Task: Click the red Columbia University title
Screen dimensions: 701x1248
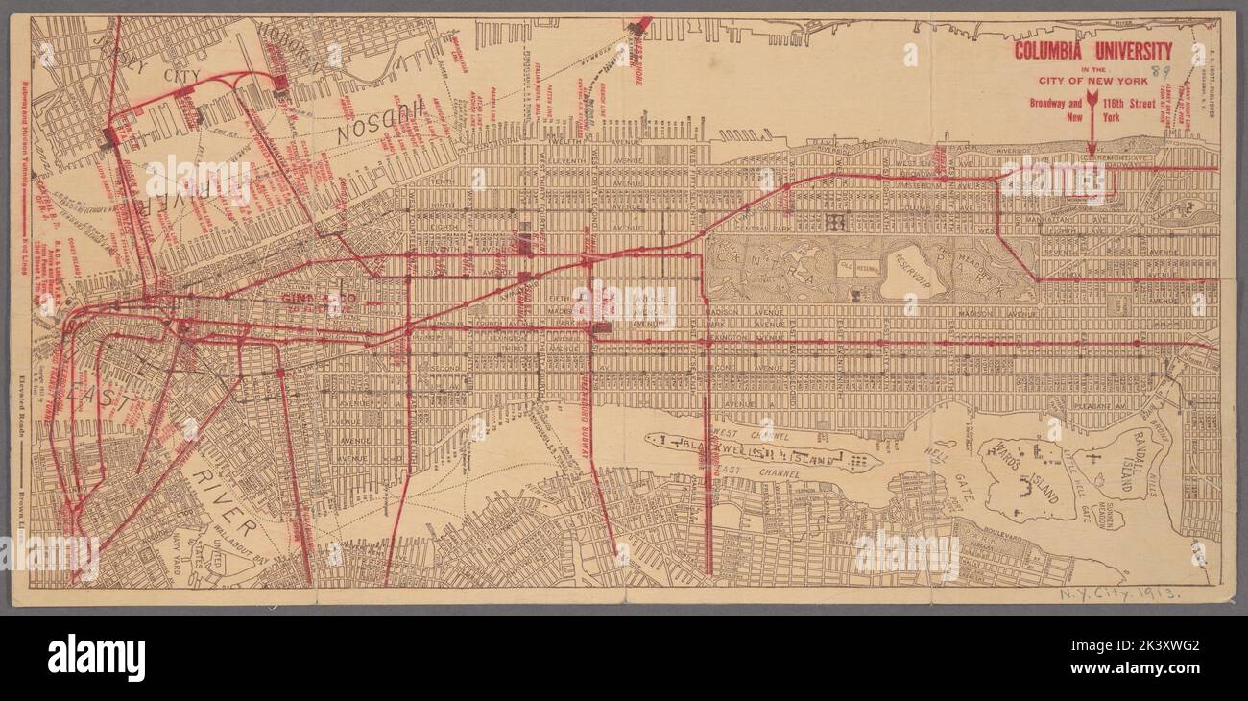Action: tap(1093, 51)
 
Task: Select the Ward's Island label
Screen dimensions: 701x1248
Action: tap(1020, 477)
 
